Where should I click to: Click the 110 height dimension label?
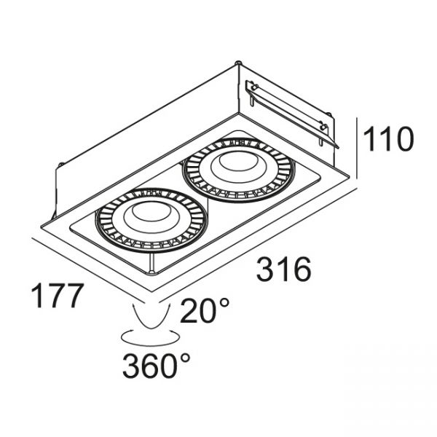(388, 139)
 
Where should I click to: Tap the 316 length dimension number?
(284, 269)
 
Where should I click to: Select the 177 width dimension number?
(58, 296)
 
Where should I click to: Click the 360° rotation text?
(157, 365)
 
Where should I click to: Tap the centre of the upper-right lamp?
(237, 170)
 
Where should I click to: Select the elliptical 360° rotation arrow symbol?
(149, 338)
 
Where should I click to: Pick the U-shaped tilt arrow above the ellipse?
(152, 317)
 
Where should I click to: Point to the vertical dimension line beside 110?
(357, 149)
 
